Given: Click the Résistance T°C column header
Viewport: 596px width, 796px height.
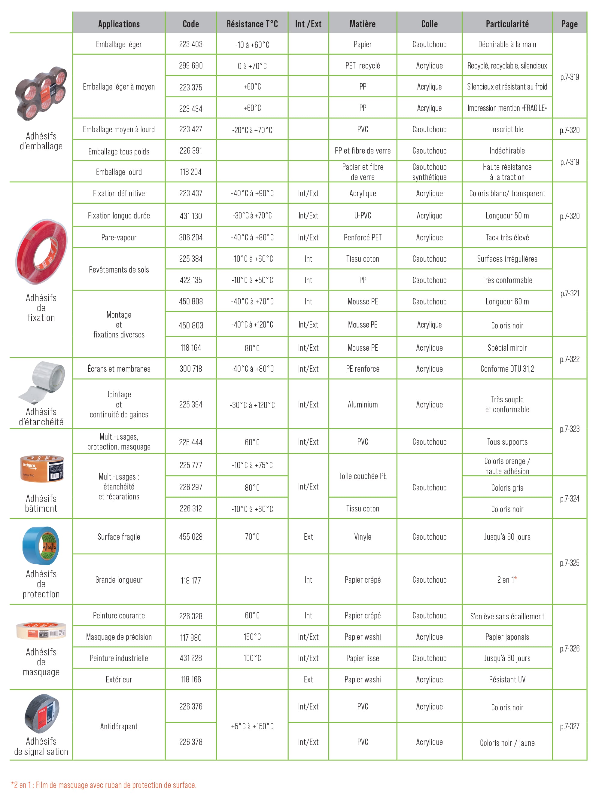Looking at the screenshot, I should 252,24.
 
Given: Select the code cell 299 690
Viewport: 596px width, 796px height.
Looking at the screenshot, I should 191,66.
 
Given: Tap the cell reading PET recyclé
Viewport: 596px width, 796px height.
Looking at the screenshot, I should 362,66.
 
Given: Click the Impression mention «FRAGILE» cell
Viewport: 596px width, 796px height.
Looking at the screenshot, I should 507,108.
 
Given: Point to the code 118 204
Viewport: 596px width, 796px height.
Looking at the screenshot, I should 191,172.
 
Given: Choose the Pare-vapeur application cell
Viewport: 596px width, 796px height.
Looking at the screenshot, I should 119,237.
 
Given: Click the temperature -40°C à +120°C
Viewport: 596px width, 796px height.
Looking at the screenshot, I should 252,325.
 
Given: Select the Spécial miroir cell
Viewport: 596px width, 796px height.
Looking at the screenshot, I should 507,348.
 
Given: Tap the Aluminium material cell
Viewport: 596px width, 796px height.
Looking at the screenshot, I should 362,404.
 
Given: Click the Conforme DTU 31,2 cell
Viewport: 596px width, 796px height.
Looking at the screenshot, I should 507,368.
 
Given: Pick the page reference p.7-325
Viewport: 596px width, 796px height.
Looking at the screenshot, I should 569,563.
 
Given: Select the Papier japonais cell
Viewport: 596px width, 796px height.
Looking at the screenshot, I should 507,637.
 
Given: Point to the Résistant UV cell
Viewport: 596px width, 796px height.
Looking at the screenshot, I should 507,679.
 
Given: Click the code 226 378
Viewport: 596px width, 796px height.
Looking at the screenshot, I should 191,742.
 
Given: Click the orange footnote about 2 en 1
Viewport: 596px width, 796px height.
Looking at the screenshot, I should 104,785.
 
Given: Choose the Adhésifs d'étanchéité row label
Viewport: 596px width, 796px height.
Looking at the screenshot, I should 41,417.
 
